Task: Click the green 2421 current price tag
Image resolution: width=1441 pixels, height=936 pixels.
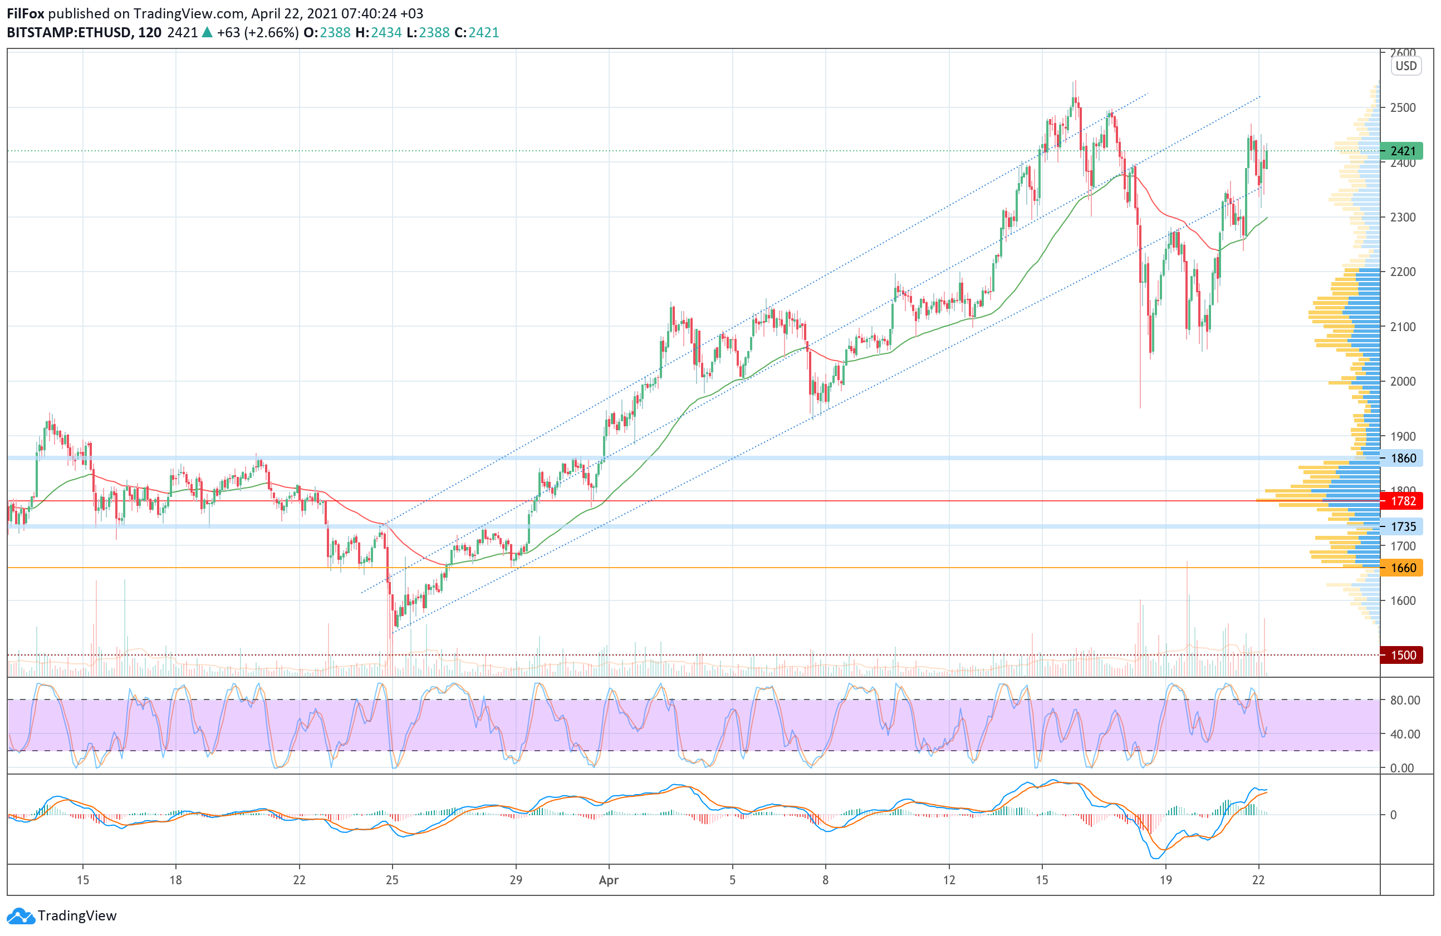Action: (x=1401, y=151)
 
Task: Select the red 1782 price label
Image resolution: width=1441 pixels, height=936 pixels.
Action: (x=1401, y=501)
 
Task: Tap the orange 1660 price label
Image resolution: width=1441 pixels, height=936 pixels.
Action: (x=1401, y=568)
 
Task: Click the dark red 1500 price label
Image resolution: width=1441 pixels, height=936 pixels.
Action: (x=1401, y=654)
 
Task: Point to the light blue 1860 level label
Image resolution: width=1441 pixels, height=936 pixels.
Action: (x=1401, y=458)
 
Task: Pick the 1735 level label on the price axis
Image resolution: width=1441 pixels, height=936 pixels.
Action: (x=1401, y=526)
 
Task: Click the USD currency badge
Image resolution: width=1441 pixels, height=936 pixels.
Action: (x=1406, y=66)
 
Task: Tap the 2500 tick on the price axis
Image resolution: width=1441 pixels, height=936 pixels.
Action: (x=1403, y=108)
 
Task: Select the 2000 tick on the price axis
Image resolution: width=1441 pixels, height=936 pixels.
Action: (x=1403, y=381)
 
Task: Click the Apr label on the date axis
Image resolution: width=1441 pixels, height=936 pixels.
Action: (x=609, y=880)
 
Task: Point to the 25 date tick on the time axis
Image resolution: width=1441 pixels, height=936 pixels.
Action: (x=393, y=880)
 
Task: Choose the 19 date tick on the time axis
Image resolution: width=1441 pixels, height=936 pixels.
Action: (x=1165, y=880)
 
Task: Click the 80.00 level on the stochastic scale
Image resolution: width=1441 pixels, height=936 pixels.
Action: (x=1405, y=700)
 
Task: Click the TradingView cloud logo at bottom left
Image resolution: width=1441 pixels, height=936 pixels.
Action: (x=21, y=916)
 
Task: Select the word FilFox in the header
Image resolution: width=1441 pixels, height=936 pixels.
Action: (x=26, y=13)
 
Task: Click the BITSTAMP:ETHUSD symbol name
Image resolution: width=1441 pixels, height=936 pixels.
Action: (x=68, y=33)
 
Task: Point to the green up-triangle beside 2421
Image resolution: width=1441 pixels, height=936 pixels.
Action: (x=207, y=32)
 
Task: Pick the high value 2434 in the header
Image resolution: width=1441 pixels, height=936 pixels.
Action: (x=386, y=33)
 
